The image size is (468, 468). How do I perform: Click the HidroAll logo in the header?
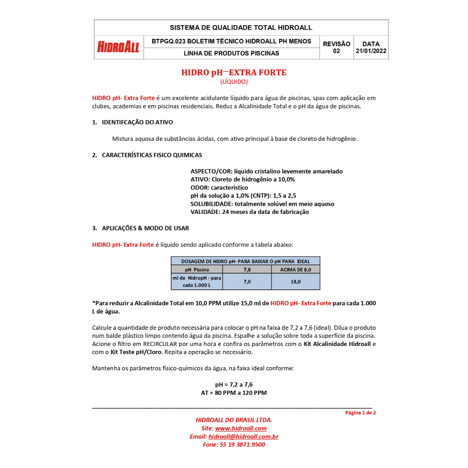(x=118, y=47)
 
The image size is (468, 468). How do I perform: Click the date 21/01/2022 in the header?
(x=371, y=51)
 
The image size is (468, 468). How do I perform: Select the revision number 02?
(x=336, y=51)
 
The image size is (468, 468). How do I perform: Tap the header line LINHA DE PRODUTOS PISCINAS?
(x=231, y=53)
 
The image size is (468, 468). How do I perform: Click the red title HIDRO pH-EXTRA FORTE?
(x=234, y=73)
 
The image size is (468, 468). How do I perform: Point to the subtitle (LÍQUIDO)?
(x=234, y=82)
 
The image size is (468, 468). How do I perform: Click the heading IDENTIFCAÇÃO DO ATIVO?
(x=137, y=122)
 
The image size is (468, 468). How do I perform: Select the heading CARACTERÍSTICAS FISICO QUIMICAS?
(x=152, y=155)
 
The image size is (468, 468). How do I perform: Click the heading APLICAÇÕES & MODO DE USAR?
(x=145, y=228)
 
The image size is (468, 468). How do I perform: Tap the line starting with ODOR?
(x=219, y=188)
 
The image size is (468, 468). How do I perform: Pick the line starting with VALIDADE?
(x=250, y=212)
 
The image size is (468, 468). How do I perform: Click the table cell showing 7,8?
(x=247, y=270)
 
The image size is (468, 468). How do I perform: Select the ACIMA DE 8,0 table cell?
(x=295, y=270)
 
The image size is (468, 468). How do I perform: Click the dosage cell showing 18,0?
(x=295, y=282)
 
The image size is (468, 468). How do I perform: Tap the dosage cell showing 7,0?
(x=247, y=282)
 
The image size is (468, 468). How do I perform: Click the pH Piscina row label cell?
(x=197, y=270)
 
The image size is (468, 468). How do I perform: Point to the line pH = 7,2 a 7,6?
(x=234, y=385)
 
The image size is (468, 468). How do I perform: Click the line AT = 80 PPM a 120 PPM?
(x=234, y=393)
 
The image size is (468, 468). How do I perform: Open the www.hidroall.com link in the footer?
(x=240, y=429)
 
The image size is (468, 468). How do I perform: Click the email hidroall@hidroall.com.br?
(x=243, y=437)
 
